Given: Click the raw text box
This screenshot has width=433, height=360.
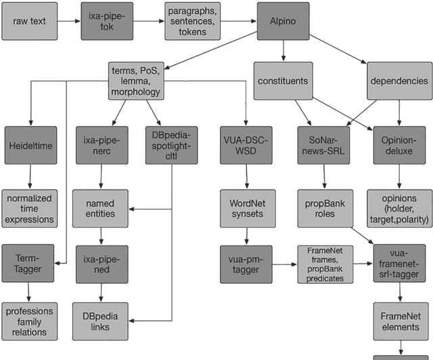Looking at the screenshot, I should (x=28, y=21).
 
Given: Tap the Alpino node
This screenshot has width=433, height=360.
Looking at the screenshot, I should (x=283, y=21).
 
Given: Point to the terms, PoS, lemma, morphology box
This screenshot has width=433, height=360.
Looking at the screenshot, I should (x=135, y=81).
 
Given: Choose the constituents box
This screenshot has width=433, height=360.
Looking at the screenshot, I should (x=283, y=81).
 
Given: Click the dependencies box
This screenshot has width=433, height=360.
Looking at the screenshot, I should (x=399, y=81).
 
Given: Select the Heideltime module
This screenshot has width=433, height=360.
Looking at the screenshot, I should (x=30, y=145).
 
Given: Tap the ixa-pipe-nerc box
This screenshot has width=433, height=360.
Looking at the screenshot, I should (x=101, y=145).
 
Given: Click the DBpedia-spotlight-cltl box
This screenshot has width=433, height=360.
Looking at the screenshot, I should (x=171, y=145).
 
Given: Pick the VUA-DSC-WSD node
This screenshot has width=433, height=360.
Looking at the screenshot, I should (x=246, y=145).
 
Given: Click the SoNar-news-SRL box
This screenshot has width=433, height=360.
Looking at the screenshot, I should (x=325, y=145).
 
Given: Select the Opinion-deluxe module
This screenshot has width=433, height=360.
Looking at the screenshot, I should (x=399, y=145).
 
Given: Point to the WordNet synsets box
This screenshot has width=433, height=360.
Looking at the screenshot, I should (x=246, y=208).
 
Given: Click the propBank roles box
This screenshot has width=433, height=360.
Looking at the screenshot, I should (x=325, y=208).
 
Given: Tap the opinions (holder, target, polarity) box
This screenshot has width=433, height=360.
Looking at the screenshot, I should (x=399, y=208).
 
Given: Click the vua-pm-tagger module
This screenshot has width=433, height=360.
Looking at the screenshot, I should (x=246, y=264).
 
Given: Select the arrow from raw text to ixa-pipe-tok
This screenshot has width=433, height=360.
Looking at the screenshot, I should (x=68, y=21).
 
